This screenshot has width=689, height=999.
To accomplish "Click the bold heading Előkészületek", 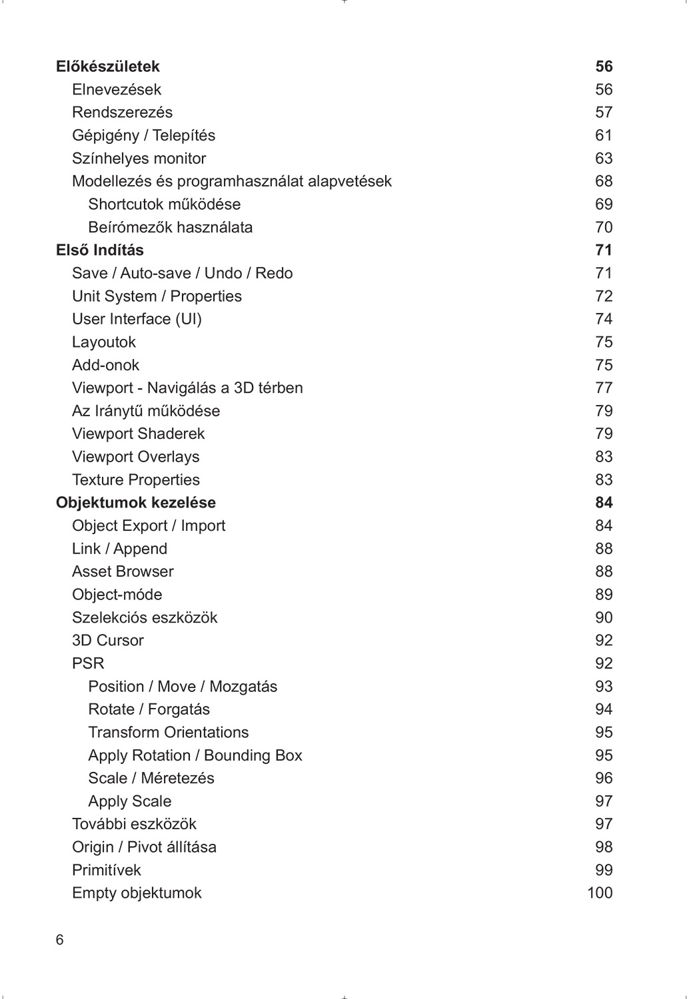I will pyautogui.click(x=107, y=67).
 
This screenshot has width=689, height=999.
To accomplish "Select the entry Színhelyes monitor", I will pyautogui.click(x=139, y=159).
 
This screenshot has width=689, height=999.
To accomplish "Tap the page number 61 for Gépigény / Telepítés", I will pyautogui.click(x=603, y=136).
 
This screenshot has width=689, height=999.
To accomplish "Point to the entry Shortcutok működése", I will pyautogui.click(x=164, y=204).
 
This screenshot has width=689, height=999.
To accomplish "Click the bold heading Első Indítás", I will pyautogui.click(x=99, y=250).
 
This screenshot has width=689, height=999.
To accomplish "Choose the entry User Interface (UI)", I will pyautogui.click(x=137, y=319).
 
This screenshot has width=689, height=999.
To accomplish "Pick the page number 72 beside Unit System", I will pyautogui.click(x=603, y=296).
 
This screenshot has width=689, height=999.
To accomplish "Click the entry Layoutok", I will pyautogui.click(x=103, y=342).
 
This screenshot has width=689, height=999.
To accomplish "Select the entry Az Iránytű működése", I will pyautogui.click(x=145, y=411).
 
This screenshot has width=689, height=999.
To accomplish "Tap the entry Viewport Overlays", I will pyautogui.click(x=135, y=457).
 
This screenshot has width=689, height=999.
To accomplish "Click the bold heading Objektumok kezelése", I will pyautogui.click(x=135, y=503).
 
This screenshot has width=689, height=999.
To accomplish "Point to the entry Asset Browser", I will pyautogui.click(x=123, y=571).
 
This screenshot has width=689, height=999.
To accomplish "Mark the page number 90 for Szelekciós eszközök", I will pyautogui.click(x=603, y=617).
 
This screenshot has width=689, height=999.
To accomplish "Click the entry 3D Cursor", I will pyautogui.click(x=107, y=641).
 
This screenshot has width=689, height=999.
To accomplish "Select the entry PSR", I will pyautogui.click(x=88, y=663).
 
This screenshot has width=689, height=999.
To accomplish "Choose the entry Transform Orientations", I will pyautogui.click(x=168, y=733).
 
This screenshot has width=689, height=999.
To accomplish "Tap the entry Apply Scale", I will pyautogui.click(x=129, y=801).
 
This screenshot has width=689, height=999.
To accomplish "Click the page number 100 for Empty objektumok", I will pyautogui.click(x=599, y=893).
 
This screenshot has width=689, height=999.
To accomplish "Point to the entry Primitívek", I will pyautogui.click(x=106, y=870).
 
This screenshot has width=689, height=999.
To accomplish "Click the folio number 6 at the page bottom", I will pyautogui.click(x=60, y=940).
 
